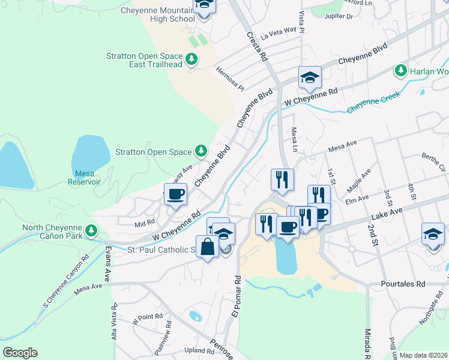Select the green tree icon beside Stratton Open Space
point(202,152)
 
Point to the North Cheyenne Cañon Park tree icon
point(91,230)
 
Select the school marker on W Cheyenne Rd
point(310,77)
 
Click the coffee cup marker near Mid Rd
point(175,194)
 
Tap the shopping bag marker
point(207,247)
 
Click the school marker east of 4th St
point(433,233)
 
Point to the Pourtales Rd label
point(403,284)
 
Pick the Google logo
point(20,352)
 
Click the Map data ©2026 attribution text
point(423,355)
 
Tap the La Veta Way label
point(279,31)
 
